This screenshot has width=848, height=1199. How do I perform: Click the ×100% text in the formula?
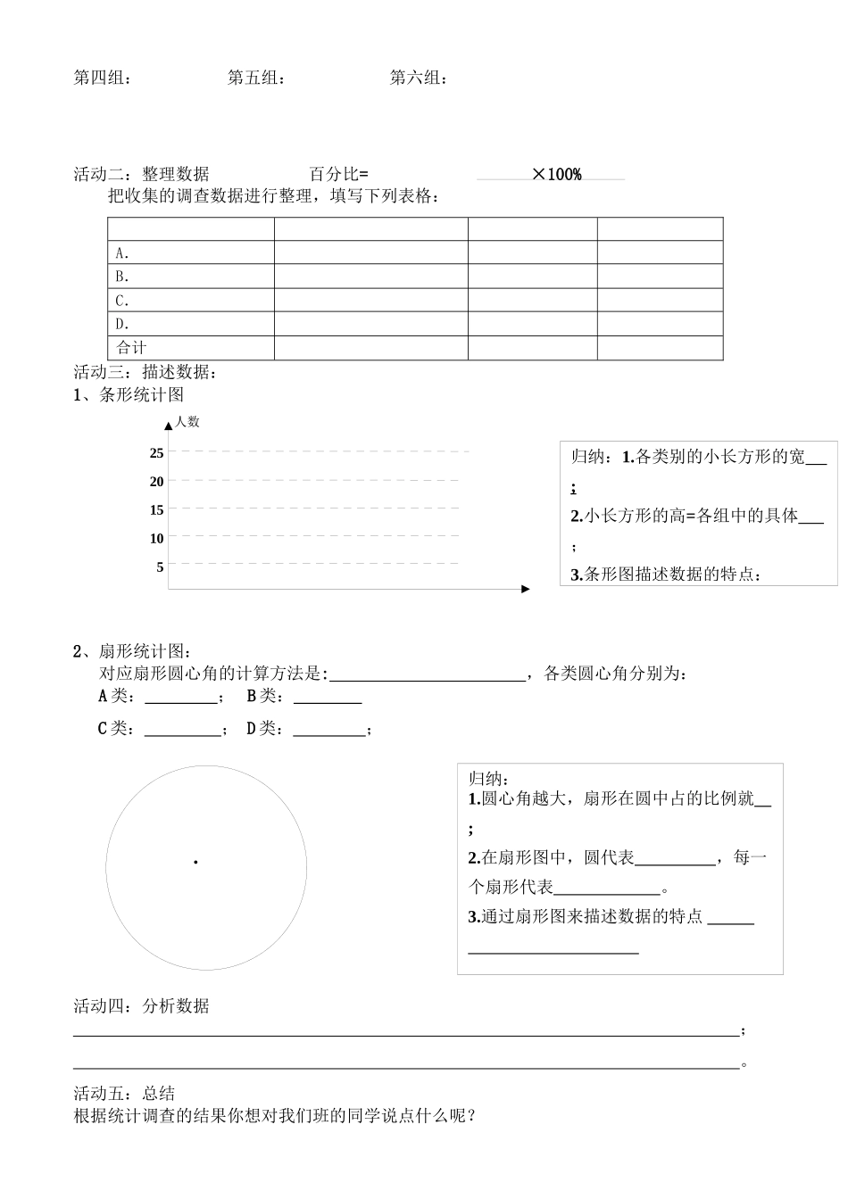[557, 175]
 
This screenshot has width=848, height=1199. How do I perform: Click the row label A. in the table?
[122, 253]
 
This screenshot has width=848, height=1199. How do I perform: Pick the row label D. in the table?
[122, 325]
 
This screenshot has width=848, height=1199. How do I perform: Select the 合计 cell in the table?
[131, 348]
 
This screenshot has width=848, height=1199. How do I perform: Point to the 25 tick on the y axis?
[156, 453]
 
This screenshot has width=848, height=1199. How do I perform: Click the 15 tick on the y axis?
[156, 510]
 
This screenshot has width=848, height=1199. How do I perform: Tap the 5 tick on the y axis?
[160, 567]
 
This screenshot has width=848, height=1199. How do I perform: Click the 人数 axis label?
[187, 422]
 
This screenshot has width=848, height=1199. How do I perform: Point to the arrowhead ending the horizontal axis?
[526, 589]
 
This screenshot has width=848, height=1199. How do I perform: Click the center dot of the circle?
[195, 862]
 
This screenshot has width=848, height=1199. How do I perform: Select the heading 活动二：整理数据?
[141, 175]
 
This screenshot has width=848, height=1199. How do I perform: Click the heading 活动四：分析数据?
[141, 1006]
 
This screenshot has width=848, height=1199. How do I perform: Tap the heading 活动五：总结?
[124, 1094]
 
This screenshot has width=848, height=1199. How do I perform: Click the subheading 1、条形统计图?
[129, 395]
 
